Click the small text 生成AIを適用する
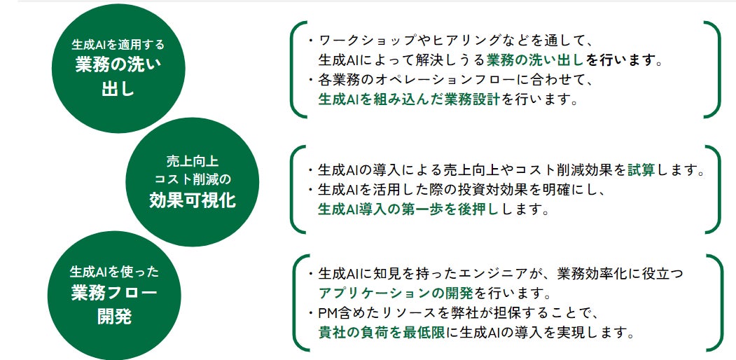[x=118, y=45]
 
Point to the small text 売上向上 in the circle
[x=193, y=160]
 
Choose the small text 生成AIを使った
[x=114, y=270]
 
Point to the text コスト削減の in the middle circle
[x=193, y=179]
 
